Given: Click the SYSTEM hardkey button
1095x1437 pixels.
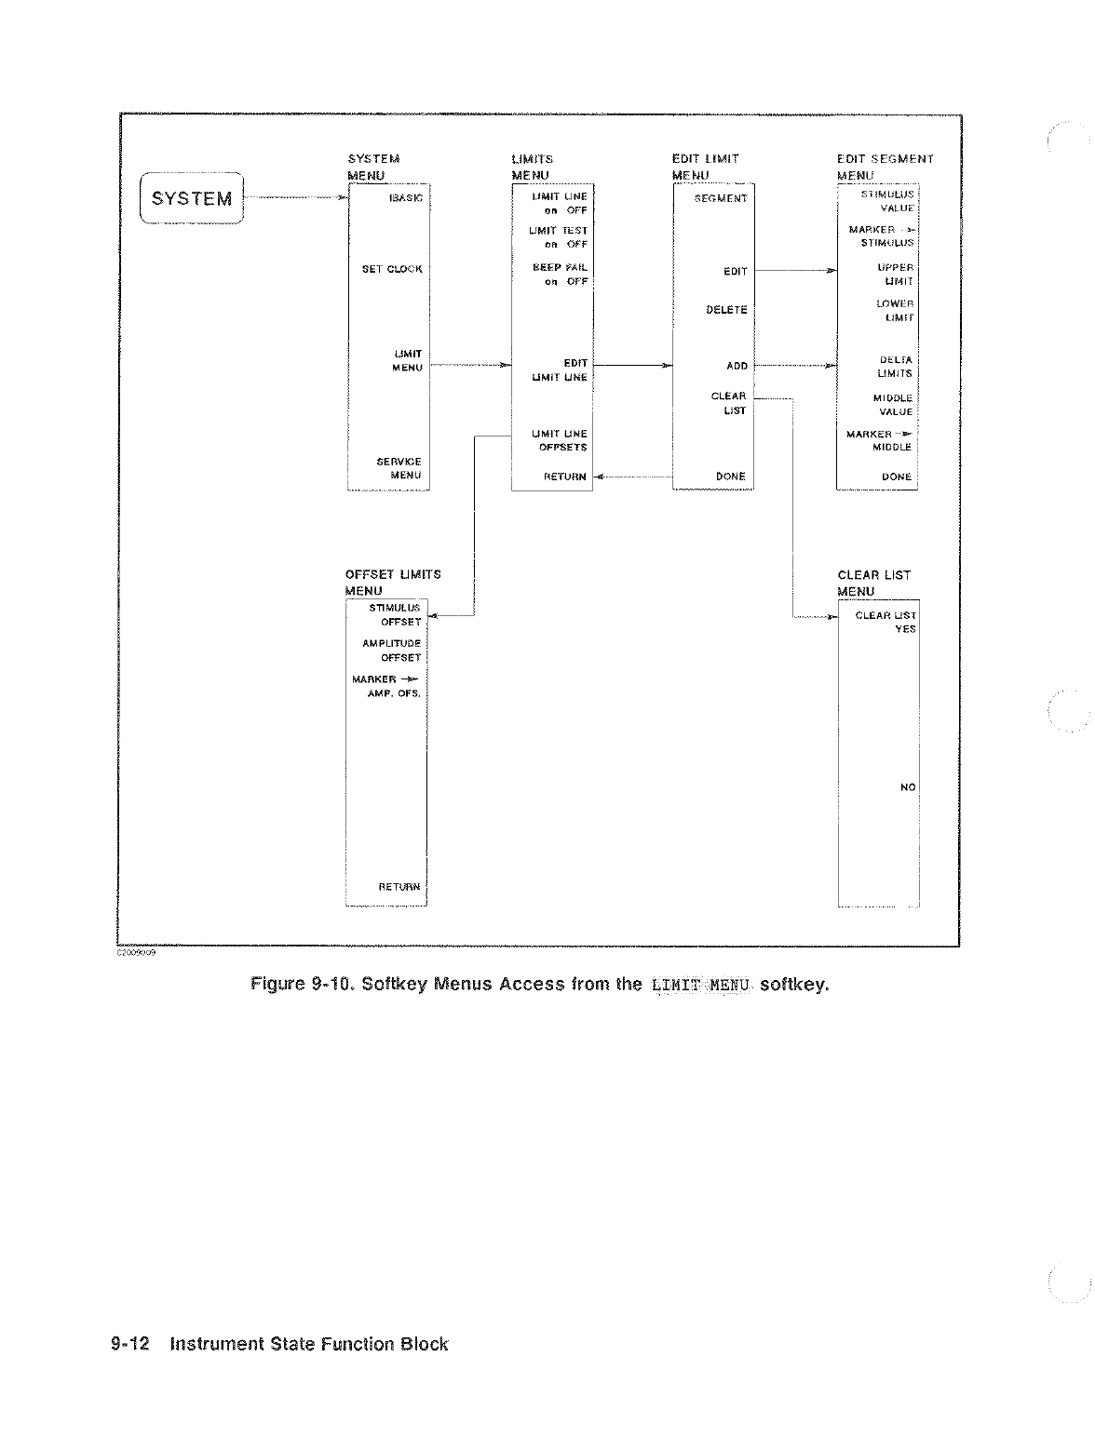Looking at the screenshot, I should [191, 198].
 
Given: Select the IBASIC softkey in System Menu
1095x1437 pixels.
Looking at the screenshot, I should [408, 198].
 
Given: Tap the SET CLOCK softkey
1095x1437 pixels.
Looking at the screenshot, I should [392, 269].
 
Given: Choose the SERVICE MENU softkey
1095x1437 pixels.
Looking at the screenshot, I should [399, 468].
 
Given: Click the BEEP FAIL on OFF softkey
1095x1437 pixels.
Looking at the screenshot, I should [560, 274].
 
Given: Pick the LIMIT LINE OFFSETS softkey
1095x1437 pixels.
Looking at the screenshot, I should [559, 440].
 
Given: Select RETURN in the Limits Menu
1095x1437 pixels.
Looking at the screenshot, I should [565, 477].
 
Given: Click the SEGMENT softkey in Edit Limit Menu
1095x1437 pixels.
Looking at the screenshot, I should [721, 198].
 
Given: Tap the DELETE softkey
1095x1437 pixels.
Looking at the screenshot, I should [726, 310].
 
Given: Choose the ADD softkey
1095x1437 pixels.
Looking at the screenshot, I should [737, 366].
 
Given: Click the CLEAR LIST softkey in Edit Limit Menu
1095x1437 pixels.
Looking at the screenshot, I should [729, 403].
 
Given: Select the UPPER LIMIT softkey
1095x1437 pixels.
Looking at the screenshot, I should [896, 274].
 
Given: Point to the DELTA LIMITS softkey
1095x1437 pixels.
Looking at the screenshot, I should [895, 367].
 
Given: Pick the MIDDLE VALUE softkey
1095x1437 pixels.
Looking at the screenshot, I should [893, 405].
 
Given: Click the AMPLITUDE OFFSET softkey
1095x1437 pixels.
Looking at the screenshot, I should [392, 651].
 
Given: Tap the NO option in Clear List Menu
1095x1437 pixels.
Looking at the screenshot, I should [908, 787].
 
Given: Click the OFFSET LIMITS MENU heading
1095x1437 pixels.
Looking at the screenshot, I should [392, 583].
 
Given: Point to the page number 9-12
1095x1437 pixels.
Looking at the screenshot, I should [130, 1344].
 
